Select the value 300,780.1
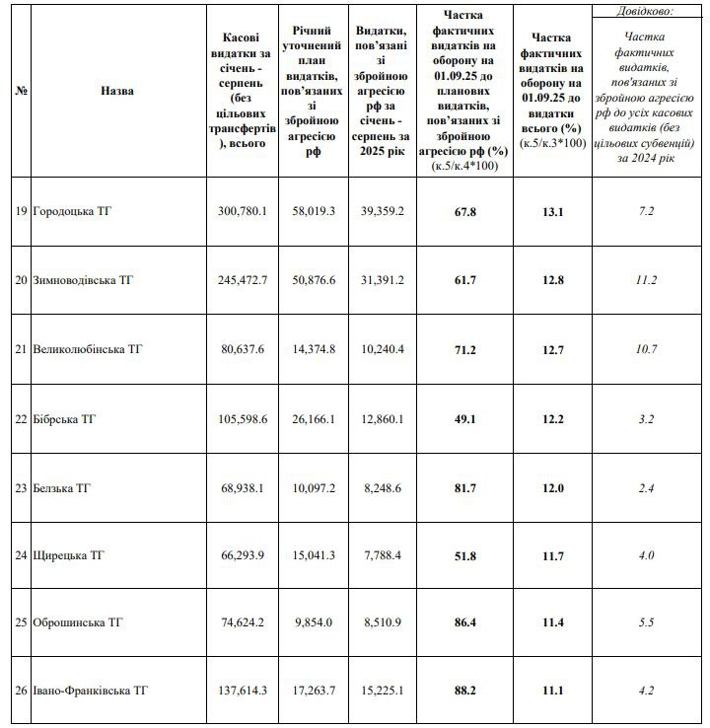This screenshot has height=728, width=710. [x=243, y=212]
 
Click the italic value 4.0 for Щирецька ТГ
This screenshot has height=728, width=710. [x=646, y=556]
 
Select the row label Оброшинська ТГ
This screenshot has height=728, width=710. [x=78, y=623]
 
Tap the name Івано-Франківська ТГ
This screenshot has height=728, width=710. [x=91, y=691]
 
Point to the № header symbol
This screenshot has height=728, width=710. [x=21, y=91]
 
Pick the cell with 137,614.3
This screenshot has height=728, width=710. [x=243, y=691]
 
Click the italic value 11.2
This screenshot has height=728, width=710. [x=646, y=280]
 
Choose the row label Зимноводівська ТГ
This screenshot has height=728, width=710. [x=83, y=280]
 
